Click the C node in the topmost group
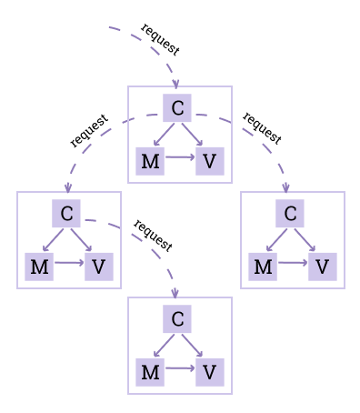pos(177,108)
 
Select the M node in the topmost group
pos(150,161)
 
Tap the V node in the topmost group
pos(209,161)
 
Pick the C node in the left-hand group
pos(66,214)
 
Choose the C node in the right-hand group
pos(290,214)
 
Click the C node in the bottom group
pos(177,319)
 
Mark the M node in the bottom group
pos(150,372)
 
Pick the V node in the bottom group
pos(209,372)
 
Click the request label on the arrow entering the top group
pos(160,38)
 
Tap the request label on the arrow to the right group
pos(262,128)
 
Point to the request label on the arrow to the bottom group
pos(153,235)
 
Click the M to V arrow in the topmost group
pos(179,158)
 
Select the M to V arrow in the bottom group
pos(179,369)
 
